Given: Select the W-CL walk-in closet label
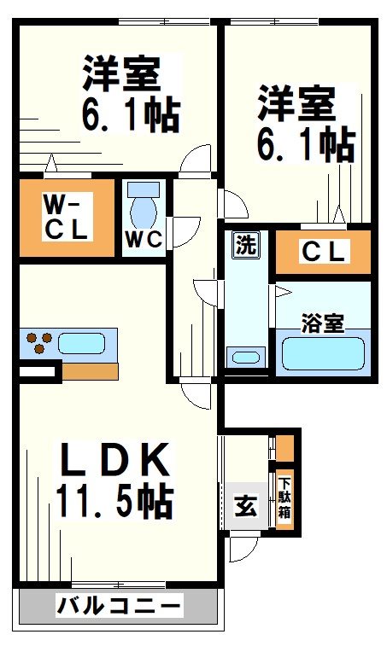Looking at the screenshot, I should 66,217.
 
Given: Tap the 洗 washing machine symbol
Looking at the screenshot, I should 246,246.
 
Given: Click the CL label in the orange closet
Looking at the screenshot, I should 324,252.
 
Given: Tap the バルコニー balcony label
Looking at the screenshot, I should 119,607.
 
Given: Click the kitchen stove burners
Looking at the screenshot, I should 38,342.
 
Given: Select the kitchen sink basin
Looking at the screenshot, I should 82,344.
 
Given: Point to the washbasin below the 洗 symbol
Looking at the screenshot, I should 245,358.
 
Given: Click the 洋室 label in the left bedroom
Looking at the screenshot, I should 122,74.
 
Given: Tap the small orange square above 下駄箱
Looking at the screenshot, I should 284,446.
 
